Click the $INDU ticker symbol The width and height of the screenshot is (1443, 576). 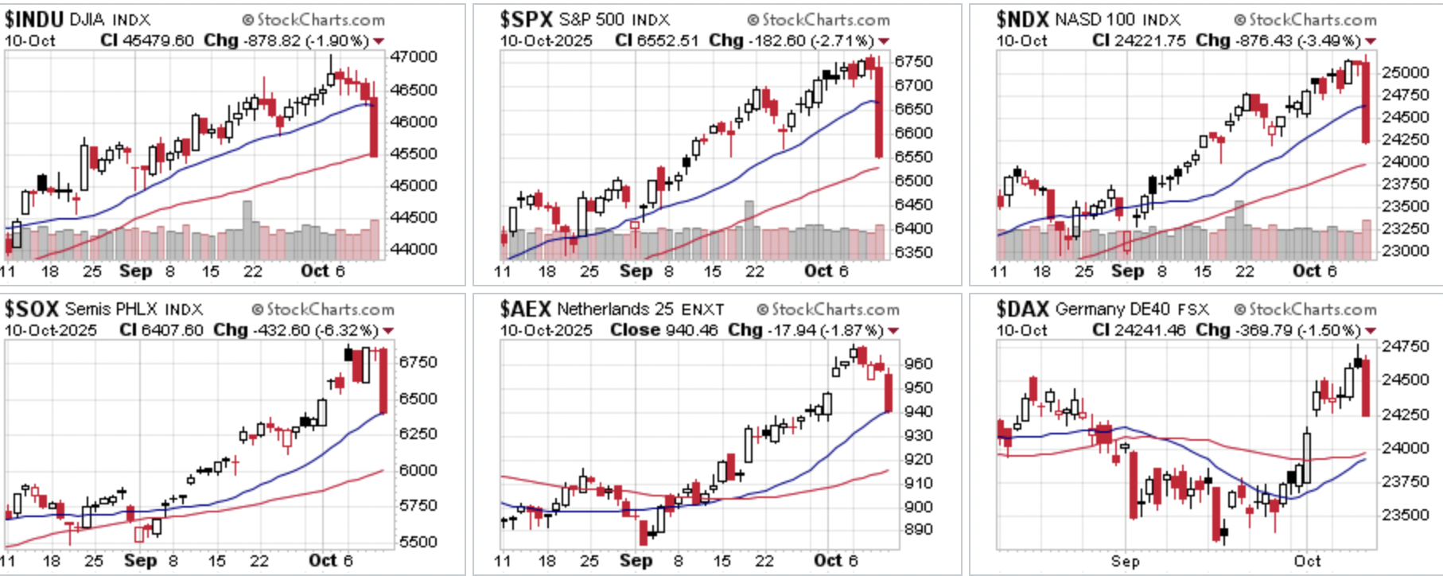[33, 19]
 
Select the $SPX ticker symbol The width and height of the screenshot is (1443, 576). [526, 19]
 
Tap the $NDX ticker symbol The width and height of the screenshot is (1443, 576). [1022, 19]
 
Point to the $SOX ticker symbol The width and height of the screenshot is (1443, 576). [32, 309]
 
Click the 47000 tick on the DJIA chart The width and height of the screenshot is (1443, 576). [414, 57]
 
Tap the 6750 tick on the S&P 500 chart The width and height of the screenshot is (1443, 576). [913, 62]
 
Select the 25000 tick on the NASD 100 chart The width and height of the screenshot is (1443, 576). [1405, 72]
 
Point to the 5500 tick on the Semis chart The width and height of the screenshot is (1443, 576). [418, 542]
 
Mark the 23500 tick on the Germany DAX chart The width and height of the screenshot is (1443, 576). [1406, 515]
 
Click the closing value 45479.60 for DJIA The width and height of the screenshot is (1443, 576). [158, 41]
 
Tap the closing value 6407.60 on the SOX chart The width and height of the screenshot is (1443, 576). [173, 330]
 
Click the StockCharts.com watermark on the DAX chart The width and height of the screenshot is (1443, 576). [1305, 309]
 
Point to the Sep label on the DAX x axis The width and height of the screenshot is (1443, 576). [1125, 561]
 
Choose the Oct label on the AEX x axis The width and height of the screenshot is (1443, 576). [827, 561]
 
